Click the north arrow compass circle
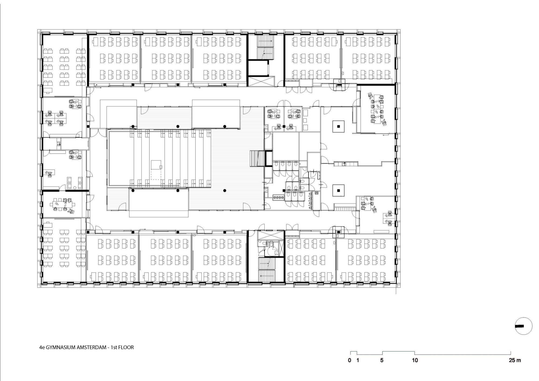pyautogui.click(x=524, y=326)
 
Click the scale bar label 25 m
pyautogui.click(x=515, y=360)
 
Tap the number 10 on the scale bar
pyautogui.click(x=415, y=360)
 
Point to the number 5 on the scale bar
pyautogui.click(x=382, y=360)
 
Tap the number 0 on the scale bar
pyautogui.click(x=350, y=360)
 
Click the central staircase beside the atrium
pyautogui.click(x=257, y=159)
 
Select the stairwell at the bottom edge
pyautogui.click(x=266, y=269)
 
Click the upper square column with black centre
pyautogui.click(x=339, y=126)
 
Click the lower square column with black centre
pyautogui.click(x=339, y=191)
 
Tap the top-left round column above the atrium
pyautogui.click(x=133, y=126)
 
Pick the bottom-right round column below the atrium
pyautogui.click(x=225, y=190)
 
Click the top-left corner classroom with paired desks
pyautogui.click(x=64, y=66)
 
